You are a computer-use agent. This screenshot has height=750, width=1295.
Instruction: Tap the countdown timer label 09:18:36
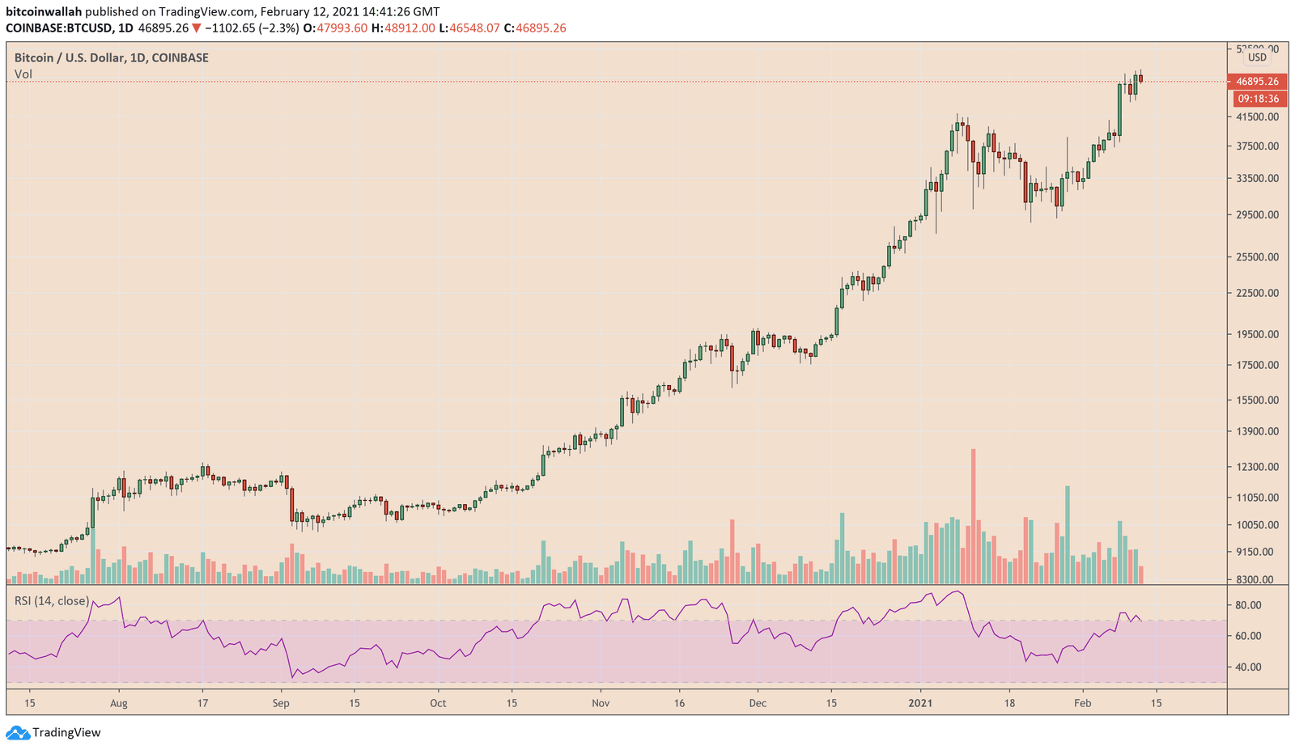coord(1258,99)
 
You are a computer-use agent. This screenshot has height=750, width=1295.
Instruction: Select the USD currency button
coord(1257,57)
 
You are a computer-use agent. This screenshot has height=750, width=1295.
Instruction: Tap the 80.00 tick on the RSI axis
coord(1248,605)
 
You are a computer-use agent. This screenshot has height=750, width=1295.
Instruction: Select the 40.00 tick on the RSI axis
coord(1248,667)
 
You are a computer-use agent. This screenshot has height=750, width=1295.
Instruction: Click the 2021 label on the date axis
coord(920,703)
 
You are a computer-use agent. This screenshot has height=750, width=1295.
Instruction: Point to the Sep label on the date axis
coord(281,703)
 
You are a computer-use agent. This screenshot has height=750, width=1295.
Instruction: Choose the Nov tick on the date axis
coord(601,703)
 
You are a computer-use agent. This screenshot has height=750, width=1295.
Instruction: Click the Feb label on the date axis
coord(1082,703)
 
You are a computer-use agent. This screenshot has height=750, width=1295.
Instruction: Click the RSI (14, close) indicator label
coord(52,600)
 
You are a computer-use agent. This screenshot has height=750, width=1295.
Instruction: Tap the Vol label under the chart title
coord(23,74)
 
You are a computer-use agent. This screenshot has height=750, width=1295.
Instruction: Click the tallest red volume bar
coord(973,516)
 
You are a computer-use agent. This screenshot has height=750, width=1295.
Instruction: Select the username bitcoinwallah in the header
coord(44,12)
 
